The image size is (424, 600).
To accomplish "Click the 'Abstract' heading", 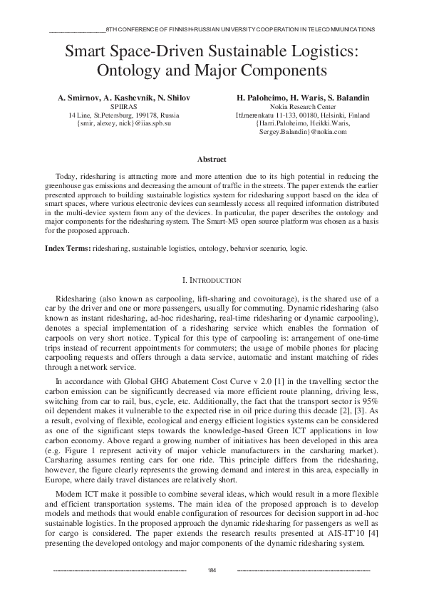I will (212, 160).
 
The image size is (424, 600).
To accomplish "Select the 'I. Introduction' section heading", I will (212, 281).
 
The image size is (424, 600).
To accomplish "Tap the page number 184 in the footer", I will (212, 570).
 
